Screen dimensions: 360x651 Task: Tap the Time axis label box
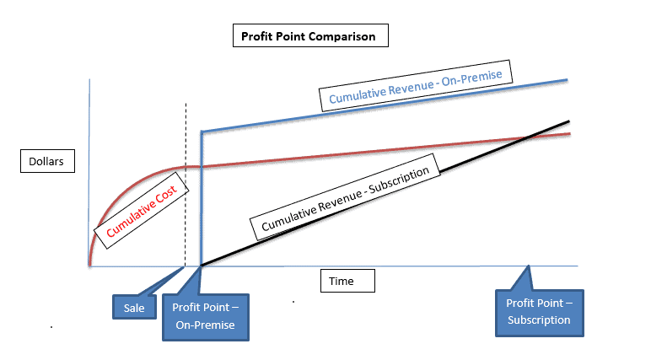(347, 282)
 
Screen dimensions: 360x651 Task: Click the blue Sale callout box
(134, 308)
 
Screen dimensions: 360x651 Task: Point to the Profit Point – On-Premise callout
(205, 315)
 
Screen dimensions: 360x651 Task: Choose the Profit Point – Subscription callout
(538, 311)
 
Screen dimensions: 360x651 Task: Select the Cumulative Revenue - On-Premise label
(415, 87)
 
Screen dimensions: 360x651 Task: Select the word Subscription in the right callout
(539, 320)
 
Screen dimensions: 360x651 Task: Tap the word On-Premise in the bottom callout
(205, 325)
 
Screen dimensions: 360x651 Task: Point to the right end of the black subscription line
(569, 121)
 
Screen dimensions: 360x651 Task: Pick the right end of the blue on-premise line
(568, 79)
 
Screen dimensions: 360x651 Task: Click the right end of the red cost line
(569, 133)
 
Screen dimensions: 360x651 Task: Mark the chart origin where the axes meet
(89, 266)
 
